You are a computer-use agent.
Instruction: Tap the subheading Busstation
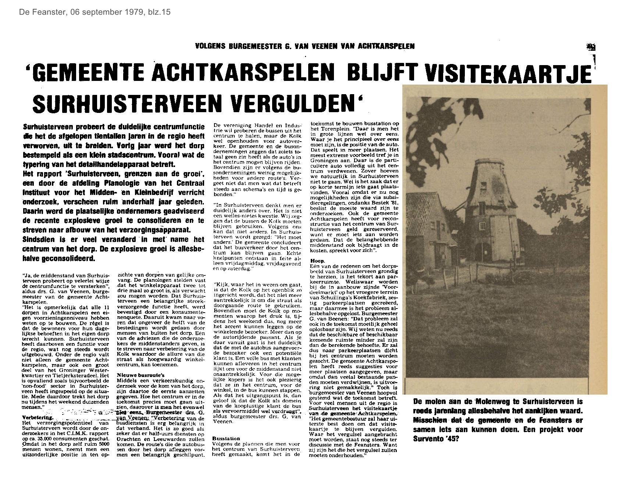(x=226, y=438)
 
